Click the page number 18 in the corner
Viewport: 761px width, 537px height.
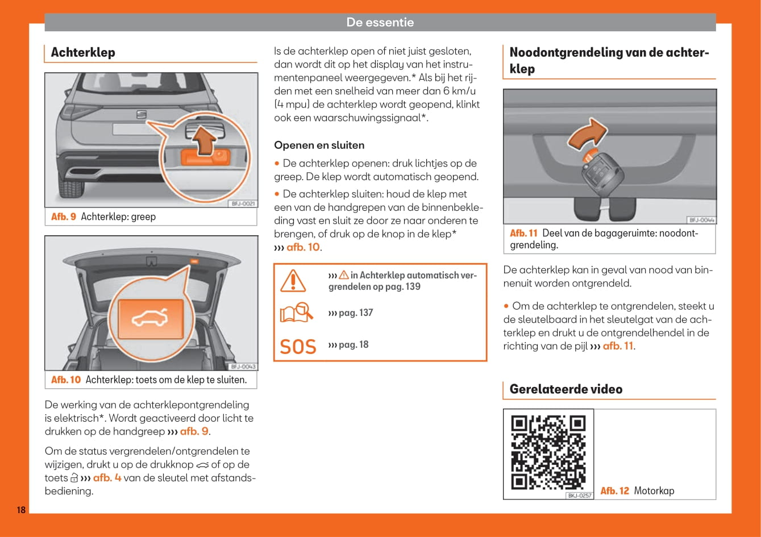tap(20, 510)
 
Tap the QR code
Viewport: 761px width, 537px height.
tap(548, 453)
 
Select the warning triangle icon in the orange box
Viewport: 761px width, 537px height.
tap(293, 281)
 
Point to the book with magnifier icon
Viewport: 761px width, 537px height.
tap(297, 313)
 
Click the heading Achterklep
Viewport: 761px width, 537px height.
tap(83, 52)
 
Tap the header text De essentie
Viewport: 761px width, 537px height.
tap(380, 22)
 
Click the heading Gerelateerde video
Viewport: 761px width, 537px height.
tap(565, 389)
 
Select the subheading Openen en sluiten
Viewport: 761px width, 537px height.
tap(319, 145)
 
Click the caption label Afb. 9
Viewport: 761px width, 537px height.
tap(63, 217)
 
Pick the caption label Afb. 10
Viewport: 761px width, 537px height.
tap(66, 380)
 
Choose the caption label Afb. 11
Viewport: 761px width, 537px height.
tap(523, 233)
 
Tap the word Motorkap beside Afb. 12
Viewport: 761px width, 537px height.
tap(654, 490)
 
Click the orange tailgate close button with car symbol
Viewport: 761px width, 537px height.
tap(150, 319)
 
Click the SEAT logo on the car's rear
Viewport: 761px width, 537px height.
tap(140, 115)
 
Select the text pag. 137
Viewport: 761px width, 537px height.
tap(356, 313)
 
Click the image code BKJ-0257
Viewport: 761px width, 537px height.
tap(579, 496)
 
